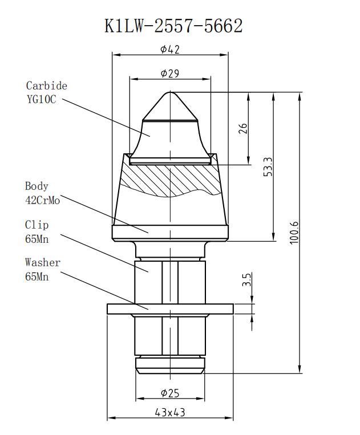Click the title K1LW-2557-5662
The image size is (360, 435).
pos(174,26)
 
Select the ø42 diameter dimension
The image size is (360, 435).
pos(170,50)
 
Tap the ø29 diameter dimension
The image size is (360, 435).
pos(170,74)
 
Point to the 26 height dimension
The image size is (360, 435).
pos(243,128)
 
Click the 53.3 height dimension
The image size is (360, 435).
pos(268,166)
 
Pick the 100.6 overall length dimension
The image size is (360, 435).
pos(294,232)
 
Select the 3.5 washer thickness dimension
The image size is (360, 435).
pos(246,280)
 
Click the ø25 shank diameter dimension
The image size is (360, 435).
pos(170,393)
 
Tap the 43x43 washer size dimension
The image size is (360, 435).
pos(170,412)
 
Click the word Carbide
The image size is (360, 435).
pos(46,86)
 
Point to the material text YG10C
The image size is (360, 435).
pos(41,99)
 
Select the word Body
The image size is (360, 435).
pos(37,186)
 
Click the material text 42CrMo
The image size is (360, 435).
pos(42,200)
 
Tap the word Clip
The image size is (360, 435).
pos(37,225)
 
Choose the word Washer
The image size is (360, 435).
pos(42,263)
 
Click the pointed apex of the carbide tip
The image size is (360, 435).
pos(170,93)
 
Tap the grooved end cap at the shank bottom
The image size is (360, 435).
pos(170,365)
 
